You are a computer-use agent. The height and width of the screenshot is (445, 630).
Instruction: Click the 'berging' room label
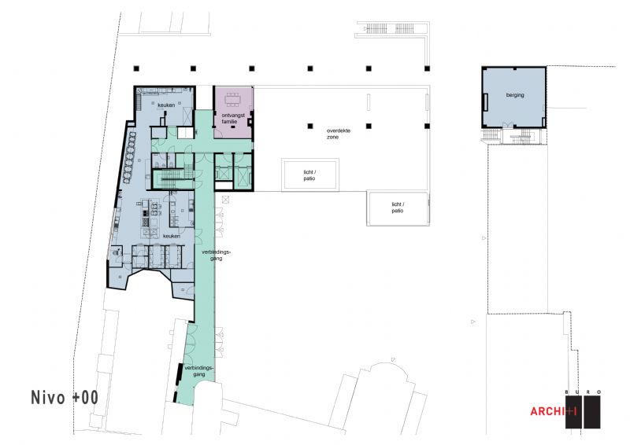[515, 95]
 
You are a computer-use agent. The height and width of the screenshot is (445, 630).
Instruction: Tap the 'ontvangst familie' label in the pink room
[233, 119]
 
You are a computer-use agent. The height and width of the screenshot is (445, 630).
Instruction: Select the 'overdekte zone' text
[339, 134]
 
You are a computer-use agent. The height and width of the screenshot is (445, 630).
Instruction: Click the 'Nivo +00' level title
[65, 397]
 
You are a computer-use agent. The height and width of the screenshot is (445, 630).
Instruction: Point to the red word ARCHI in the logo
[547, 411]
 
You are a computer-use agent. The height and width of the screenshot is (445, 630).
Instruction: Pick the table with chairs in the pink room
[232, 99]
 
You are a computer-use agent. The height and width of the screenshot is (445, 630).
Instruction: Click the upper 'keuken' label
[166, 105]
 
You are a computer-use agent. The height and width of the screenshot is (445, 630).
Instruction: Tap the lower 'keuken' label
[171, 237]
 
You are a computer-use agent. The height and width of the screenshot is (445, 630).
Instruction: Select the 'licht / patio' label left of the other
[309, 175]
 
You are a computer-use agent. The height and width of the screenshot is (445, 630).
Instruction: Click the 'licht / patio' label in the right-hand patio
[398, 208]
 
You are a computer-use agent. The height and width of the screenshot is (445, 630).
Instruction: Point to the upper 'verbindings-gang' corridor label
[216, 256]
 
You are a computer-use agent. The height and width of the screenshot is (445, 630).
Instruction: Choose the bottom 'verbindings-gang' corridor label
[199, 371]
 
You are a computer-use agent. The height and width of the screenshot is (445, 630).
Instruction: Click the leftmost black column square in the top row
[136, 68]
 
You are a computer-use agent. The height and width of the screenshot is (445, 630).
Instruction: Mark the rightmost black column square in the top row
[427, 68]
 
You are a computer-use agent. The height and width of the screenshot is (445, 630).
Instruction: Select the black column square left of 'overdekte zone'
[310, 126]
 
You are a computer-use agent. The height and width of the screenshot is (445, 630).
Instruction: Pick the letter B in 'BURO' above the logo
[566, 392]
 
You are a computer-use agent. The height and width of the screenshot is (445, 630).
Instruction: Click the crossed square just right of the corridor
[225, 199]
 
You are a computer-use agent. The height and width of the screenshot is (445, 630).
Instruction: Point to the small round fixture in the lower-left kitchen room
[117, 252]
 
